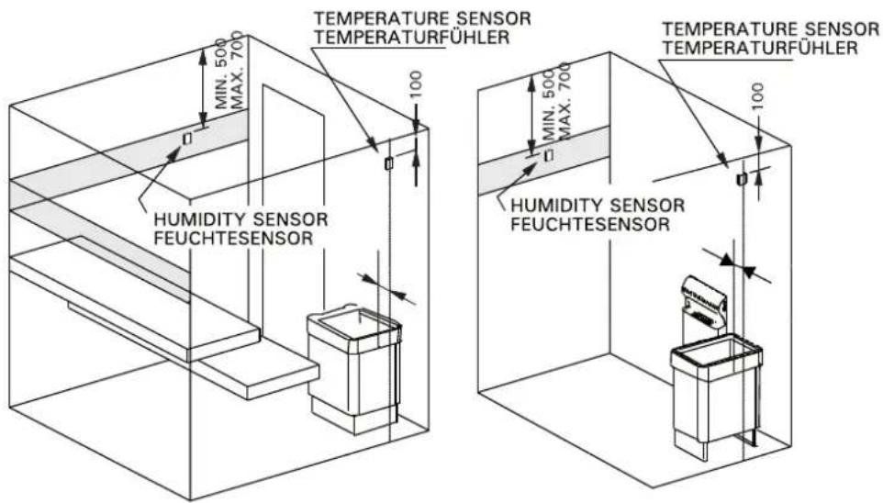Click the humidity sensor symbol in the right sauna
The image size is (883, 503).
pyautogui.click(x=549, y=154)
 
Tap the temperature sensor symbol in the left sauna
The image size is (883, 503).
pyautogui.click(x=388, y=163)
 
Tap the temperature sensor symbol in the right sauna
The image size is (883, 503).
pyautogui.click(x=742, y=179)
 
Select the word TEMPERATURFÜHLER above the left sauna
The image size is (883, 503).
pyautogui.click(x=411, y=38)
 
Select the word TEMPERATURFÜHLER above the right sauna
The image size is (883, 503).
pyautogui.click(x=760, y=48)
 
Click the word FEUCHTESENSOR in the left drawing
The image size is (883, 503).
pyautogui.click(x=233, y=238)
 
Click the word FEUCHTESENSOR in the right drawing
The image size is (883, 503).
pyautogui.click(x=590, y=224)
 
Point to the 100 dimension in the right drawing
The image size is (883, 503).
pyautogui.click(x=758, y=95)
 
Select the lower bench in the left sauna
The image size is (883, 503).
pyautogui.click(x=256, y=372)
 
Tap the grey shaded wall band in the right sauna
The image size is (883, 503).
pyautogui.click(x=543, y=161)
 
